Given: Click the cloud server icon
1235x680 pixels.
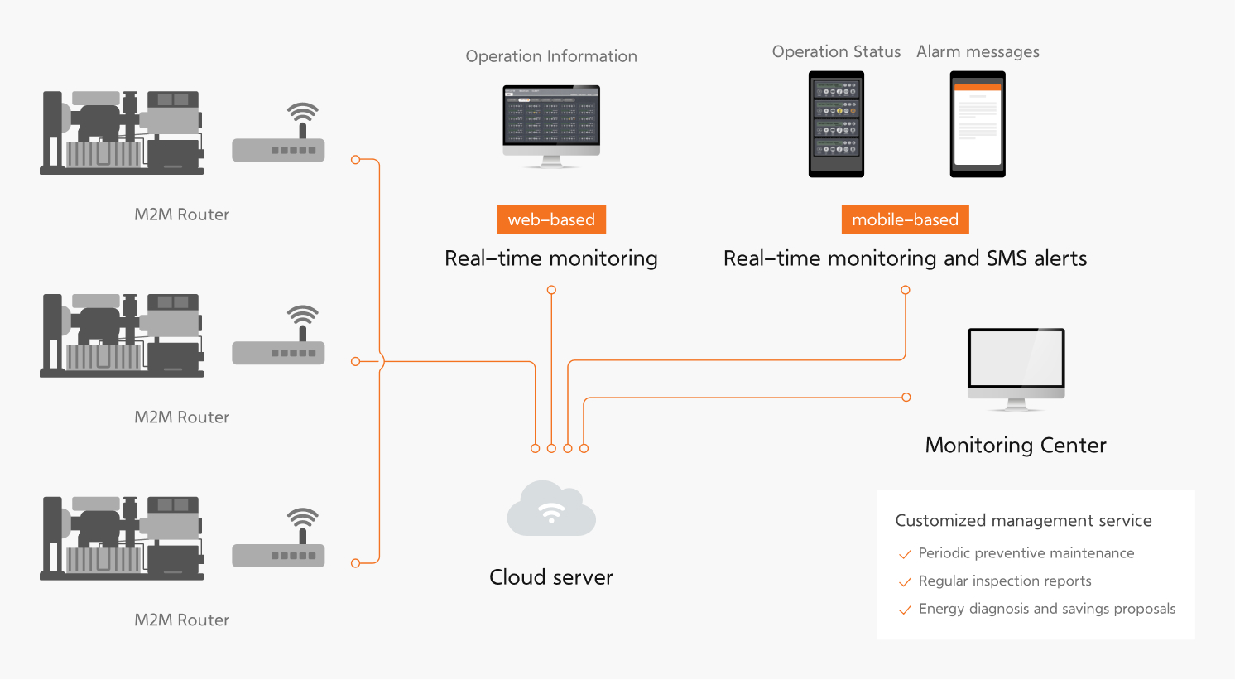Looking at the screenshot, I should (551, 509).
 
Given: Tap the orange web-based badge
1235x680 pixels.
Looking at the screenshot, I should (551, 219).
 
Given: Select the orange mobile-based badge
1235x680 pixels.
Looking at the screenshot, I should (905, 219).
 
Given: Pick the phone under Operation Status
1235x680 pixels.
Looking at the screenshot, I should (836, 124).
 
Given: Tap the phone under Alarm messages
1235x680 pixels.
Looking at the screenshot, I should (978, 124).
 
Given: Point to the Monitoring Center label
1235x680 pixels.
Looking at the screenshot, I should (1016, 446).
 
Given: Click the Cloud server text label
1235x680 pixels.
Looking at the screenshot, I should (551, 577).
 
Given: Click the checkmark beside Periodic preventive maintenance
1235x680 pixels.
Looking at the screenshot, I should (905, 554).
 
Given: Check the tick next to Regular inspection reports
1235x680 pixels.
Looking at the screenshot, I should (905, 582).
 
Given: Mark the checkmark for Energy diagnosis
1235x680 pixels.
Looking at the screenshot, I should (905, 610).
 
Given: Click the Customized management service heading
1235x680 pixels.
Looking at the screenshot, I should (1023, 521).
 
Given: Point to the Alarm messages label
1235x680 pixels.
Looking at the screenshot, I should (978, 51).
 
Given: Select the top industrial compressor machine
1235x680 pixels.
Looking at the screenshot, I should (123, 133).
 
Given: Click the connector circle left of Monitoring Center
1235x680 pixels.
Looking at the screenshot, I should (906, 398).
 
